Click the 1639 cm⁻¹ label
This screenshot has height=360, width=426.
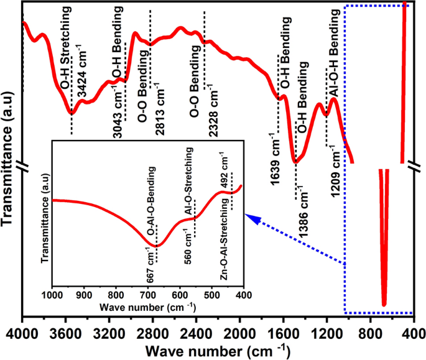tap(274, 154)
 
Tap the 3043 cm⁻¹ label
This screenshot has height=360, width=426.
tap(117, 111)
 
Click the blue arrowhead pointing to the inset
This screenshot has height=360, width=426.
tap(250, 216)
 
